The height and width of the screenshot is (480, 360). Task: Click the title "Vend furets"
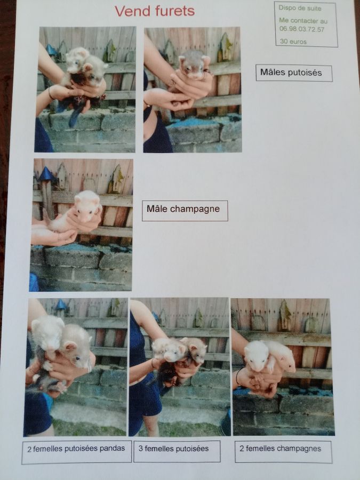tap(155, 11)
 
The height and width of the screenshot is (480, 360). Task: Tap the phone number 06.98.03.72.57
tap(301, 29)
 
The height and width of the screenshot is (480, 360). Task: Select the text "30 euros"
tap(293, 42)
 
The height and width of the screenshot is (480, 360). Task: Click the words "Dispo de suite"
tap(300, 8)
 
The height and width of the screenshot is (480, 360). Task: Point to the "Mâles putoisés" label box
tap(294, 73)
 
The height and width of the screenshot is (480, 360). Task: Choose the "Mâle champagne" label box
tap(185, 211)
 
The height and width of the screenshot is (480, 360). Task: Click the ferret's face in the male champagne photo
tap(87, 208)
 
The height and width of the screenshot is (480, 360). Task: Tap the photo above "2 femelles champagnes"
tap(283, 367)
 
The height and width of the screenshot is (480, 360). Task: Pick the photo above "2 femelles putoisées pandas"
tap(76, 367)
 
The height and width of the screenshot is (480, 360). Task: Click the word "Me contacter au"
tap(303, 20)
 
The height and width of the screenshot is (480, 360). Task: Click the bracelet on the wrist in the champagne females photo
tap(237, 377)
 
